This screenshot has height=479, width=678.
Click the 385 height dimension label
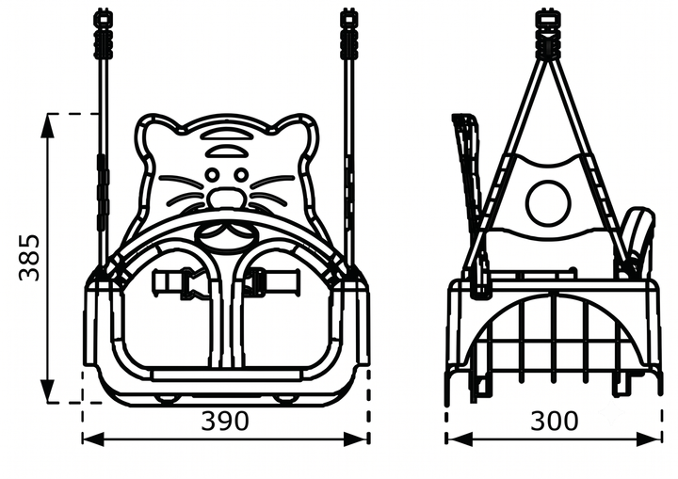pos(30,258)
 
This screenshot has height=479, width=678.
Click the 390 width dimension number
pos(225,421)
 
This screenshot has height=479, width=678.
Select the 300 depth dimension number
pos(554,421)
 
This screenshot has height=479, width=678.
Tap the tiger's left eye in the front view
pos(212,175)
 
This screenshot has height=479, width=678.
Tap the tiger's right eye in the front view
pos(240,175)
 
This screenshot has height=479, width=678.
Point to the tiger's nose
pos(226,197)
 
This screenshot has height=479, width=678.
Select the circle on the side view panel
pos(547,203)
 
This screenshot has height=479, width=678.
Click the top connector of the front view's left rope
pos(104,35)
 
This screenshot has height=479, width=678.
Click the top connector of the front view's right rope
pos(348,35)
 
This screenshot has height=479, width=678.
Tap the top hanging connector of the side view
pos(546,35)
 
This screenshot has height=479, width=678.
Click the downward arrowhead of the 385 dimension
pos(48,391)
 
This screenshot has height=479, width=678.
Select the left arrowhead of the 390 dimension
pos(94,439)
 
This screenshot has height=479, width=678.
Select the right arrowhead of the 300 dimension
pos(650,439)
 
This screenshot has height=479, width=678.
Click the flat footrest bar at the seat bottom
pos(226,375)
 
